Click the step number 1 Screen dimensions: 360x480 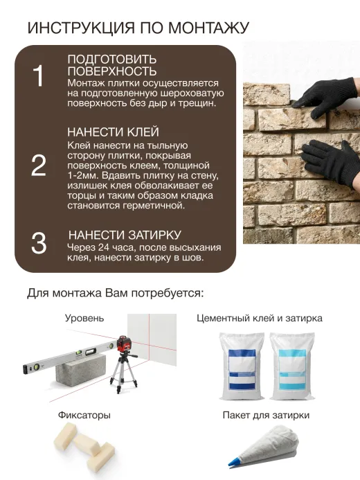[x=39, y=76]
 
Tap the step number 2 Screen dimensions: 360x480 [x=39, y=166]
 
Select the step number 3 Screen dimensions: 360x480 [x=39, y=243]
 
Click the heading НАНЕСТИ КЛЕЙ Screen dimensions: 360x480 [x=113, y=132]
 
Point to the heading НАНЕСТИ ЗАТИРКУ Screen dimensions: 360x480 [x=125, y=235]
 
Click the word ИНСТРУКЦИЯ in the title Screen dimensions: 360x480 [x=81, y=28]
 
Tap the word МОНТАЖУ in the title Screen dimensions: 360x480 [x=209, y=28]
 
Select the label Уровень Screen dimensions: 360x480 [x=84, y=319]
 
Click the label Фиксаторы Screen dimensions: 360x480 [x=84, y=415]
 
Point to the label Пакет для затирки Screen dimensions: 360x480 [x=266, y=415]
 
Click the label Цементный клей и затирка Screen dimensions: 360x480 [x=260, y=319]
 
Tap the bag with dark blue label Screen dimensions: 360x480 [x=242, y=366]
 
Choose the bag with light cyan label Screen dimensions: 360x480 [x=291, y=366]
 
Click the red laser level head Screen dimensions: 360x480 [x=125, y=344]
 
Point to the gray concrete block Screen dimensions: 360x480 [x=81, y=368]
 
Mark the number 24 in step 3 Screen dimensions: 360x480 [x=104, y=247]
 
